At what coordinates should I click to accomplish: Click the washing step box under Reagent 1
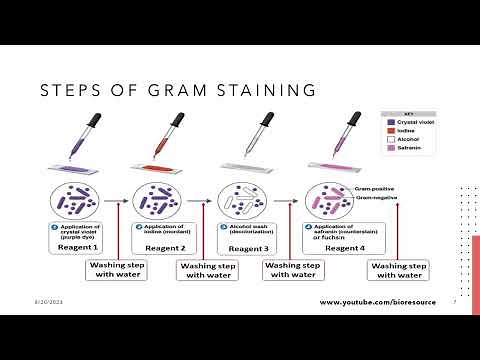coord(119,270)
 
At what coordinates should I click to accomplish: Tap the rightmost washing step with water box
coord(398,270)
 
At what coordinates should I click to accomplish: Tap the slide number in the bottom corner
coord(455,301)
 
